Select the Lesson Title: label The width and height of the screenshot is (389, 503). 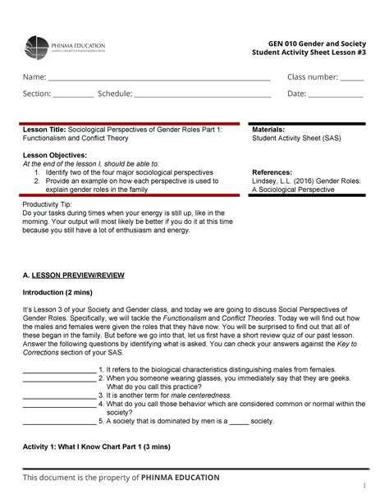click(x=43, y=130)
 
